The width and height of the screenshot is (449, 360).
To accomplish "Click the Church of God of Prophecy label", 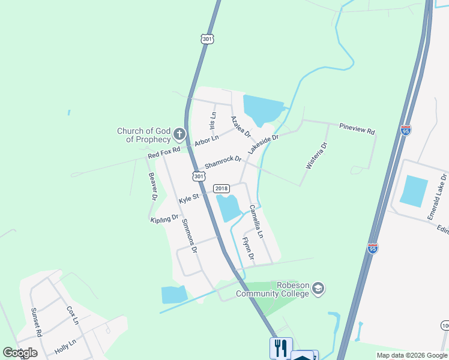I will [143, 135].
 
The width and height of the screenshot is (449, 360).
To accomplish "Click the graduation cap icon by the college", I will [319, 289].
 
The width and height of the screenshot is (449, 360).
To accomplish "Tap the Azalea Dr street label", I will [241, 126].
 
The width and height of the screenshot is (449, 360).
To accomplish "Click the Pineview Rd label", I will [357, 129].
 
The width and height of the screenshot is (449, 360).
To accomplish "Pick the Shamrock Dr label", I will [223, 162].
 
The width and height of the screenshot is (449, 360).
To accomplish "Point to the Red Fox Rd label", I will [164, 154].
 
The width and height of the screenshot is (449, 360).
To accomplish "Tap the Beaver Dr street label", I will [152, 186].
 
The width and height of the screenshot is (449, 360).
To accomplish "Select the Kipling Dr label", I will [164, 219].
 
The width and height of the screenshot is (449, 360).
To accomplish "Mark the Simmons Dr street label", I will [188, 233].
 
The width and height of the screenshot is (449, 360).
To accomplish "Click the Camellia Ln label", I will [256, 221].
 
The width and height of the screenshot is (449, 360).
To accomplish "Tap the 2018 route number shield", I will [221, 188].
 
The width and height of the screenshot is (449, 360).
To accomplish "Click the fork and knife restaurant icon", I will [281, 348].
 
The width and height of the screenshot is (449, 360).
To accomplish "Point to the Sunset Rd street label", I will [37, 325].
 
